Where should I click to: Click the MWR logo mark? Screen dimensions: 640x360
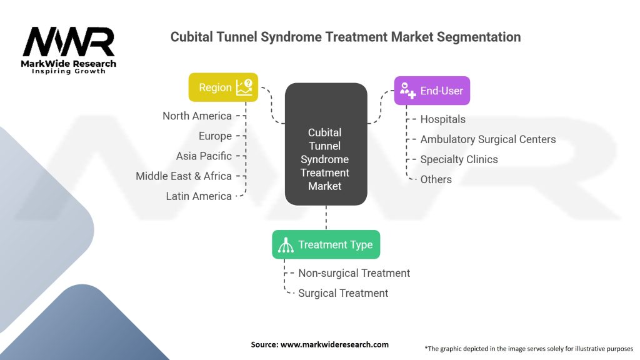click(69, 42)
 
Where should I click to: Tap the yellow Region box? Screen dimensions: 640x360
click(223, 87)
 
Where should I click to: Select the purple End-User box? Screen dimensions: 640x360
click(432, 91)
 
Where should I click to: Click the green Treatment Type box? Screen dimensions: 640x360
click(326, 244)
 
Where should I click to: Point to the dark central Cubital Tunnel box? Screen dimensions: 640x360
click(326, 144)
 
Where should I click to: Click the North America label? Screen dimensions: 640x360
click(197, 116)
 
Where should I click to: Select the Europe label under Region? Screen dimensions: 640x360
click(215, 136)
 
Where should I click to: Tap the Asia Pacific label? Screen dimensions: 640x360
click(204, 156)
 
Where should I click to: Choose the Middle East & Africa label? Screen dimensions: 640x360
click(184, 176)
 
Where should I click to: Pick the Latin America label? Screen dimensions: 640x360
click(199, 196)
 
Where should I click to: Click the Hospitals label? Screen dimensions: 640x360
click(443, 119)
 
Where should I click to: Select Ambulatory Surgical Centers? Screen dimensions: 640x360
click(488, 139)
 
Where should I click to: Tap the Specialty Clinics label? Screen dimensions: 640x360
click(459, 159)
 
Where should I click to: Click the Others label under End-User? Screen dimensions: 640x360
click(436, 179)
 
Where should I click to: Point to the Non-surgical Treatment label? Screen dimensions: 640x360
click(354, 273)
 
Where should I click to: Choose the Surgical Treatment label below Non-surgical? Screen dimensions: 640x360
click(343, 293)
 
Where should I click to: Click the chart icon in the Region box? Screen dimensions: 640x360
click(244, 87)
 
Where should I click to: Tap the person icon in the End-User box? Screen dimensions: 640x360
click(407, 91)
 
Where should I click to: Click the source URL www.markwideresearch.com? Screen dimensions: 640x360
click(335, 344)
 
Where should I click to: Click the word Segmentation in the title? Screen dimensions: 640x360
click(479, 37)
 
